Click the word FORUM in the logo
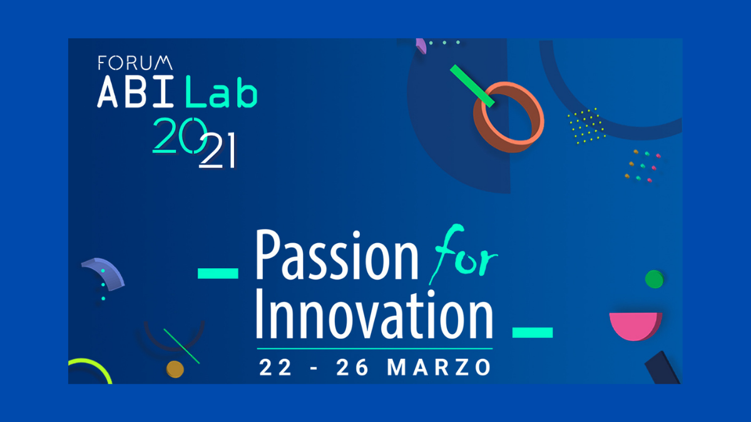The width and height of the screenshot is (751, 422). click(135, 63)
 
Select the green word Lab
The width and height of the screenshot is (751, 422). click(222, 91)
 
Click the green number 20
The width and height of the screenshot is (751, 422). click(180, 136)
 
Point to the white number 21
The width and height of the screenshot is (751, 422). click(217, 151)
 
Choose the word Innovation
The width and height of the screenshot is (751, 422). click(374, 315)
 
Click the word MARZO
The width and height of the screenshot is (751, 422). click(439, 368)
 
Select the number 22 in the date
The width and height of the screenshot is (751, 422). click(275, 368)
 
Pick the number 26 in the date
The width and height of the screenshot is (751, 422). click(352, 368)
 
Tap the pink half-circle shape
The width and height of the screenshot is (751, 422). click(635, 326)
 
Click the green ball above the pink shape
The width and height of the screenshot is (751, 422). click(654, 279)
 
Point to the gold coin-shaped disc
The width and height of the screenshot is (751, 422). click(175, 369)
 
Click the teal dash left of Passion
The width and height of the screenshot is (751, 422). click(218, 273)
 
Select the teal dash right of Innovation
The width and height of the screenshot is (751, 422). click(533, 332)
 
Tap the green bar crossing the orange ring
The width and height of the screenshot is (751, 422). click(472, 86)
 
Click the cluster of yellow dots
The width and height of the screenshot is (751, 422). click(586, 126)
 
